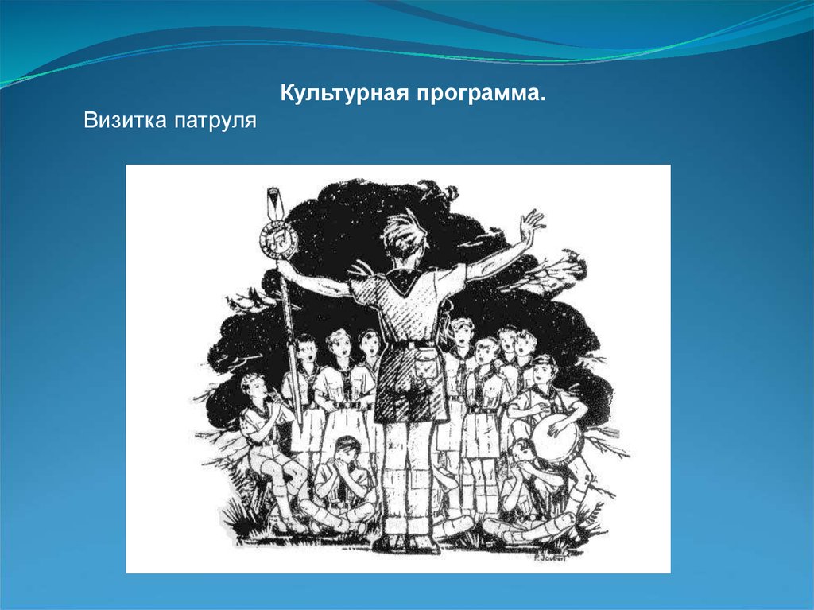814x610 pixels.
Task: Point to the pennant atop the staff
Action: pyautogui.click(x=273, y=203)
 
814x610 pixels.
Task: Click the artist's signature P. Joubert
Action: pyautogui.click(x=550, y=558)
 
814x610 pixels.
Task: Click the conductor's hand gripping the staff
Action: pyautogui.click(x=285, y=268)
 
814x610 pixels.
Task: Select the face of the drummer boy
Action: pyautogui.click(x=544, y=371)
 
